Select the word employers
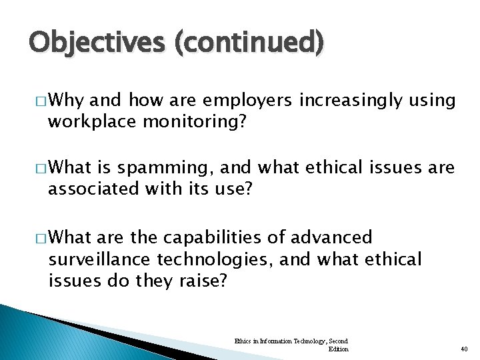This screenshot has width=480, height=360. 249,101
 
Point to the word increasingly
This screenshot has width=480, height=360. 351,101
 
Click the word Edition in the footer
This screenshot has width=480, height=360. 338,349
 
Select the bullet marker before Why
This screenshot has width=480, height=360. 43,101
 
